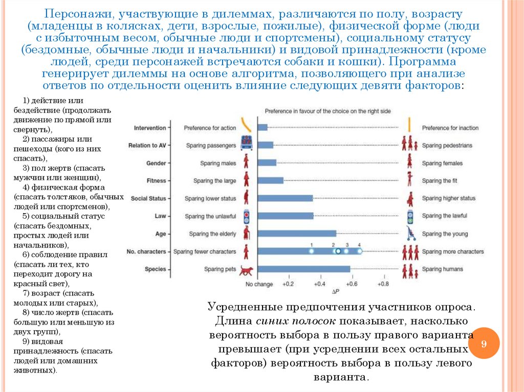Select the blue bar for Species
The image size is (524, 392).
coord(303,269)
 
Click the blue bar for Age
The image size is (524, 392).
coord(297,234)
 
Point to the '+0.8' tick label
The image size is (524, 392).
coord(382,284)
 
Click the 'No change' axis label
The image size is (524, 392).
coord(259,284)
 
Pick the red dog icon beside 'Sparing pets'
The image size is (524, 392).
coord(247,269)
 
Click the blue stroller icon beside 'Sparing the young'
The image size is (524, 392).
coord(410,234)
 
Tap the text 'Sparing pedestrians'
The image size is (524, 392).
coord(447,146)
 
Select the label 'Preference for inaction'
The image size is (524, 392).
coord(450,128)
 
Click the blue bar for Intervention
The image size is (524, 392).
coord(263,128)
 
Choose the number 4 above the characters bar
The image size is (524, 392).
coord(359,245)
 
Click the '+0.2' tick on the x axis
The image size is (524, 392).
coord(288,284)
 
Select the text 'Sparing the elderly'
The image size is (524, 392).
coord(212,234)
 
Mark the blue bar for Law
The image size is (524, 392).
coord(286,216)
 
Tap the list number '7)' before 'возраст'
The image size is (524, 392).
coord(27,293)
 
